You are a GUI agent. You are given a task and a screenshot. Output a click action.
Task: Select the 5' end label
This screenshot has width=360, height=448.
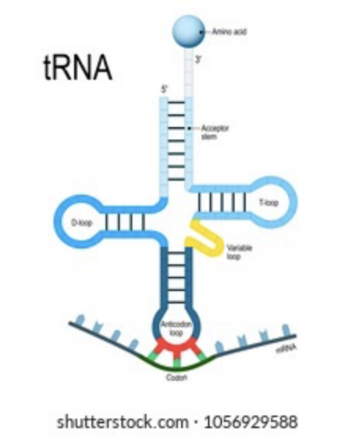point(163,89)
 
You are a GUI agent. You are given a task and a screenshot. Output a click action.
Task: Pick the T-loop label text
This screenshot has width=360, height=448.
point(267,203)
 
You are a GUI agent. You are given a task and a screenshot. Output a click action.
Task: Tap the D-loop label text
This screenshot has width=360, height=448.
point(80,221)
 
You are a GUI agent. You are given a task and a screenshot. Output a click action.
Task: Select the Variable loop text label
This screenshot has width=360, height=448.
point(239,253)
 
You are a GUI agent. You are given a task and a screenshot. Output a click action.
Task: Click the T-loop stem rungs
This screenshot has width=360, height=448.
point(220,202)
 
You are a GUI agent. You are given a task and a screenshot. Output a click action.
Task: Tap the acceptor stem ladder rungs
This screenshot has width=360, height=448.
point(176,134)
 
